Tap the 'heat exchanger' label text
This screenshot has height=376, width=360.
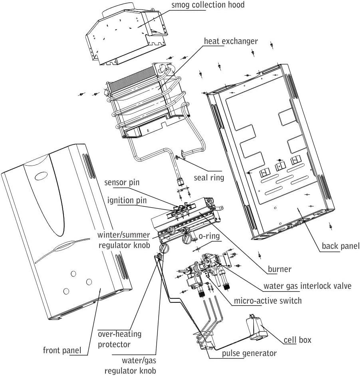231,41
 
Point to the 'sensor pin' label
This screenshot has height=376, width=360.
122,183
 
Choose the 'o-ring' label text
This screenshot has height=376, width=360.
209,236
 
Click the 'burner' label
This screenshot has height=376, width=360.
279,269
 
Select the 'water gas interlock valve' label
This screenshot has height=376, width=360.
307,286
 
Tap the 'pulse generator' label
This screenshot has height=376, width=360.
249,353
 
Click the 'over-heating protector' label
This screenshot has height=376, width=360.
119,338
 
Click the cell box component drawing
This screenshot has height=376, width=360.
257,328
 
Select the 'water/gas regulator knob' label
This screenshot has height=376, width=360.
130,366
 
